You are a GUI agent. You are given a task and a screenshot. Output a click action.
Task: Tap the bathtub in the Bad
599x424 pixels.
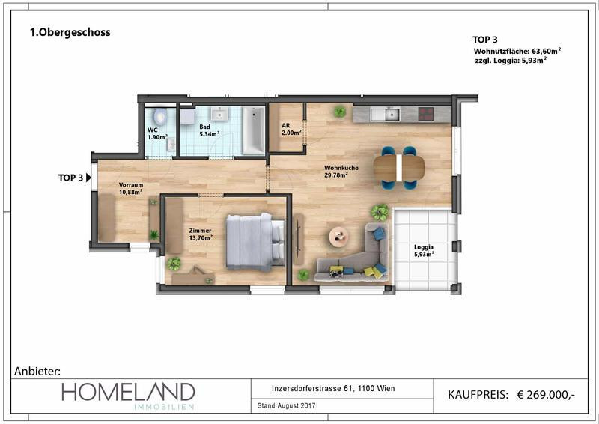tap(253, 130)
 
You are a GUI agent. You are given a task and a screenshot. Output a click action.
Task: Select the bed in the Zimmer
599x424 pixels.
tap(255, 242)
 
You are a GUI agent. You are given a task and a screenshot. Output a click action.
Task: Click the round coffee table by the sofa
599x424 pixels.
tap(339, 237)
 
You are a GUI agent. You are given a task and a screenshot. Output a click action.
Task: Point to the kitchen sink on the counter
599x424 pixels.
tap(392, 114)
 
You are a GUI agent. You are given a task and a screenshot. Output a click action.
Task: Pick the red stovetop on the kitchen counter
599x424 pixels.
tap(426, 114)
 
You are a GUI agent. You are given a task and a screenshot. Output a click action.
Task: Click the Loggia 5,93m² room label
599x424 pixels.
tap(424, 251)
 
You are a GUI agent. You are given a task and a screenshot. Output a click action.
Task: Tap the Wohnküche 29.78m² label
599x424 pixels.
tap(341, 172)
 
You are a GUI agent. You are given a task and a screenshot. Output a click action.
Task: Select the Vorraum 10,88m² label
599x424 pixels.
tap(130, 189)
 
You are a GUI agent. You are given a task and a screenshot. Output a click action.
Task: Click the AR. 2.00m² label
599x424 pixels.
tap(291, 130)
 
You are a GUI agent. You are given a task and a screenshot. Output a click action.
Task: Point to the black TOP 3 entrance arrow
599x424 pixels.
tap(88, 178)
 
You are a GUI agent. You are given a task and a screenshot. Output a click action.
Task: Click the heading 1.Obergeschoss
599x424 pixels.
tap(70, 32)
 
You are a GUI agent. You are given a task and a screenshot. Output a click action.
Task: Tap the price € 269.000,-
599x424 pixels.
tap(546, 395)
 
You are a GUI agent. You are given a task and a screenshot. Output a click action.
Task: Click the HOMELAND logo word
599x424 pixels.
tap(128, 392)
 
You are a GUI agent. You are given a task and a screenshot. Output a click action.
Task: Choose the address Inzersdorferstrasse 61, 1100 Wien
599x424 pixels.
tap(333, 389)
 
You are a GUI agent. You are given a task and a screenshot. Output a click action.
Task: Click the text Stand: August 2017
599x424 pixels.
tap(287, 405)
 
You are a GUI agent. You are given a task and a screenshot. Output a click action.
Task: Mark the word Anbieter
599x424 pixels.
tap(37, 371)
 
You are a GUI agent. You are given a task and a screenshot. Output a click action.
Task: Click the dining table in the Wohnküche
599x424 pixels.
tap(399, 168)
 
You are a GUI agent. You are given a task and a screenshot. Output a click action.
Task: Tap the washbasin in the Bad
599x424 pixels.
tap(219, 114)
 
